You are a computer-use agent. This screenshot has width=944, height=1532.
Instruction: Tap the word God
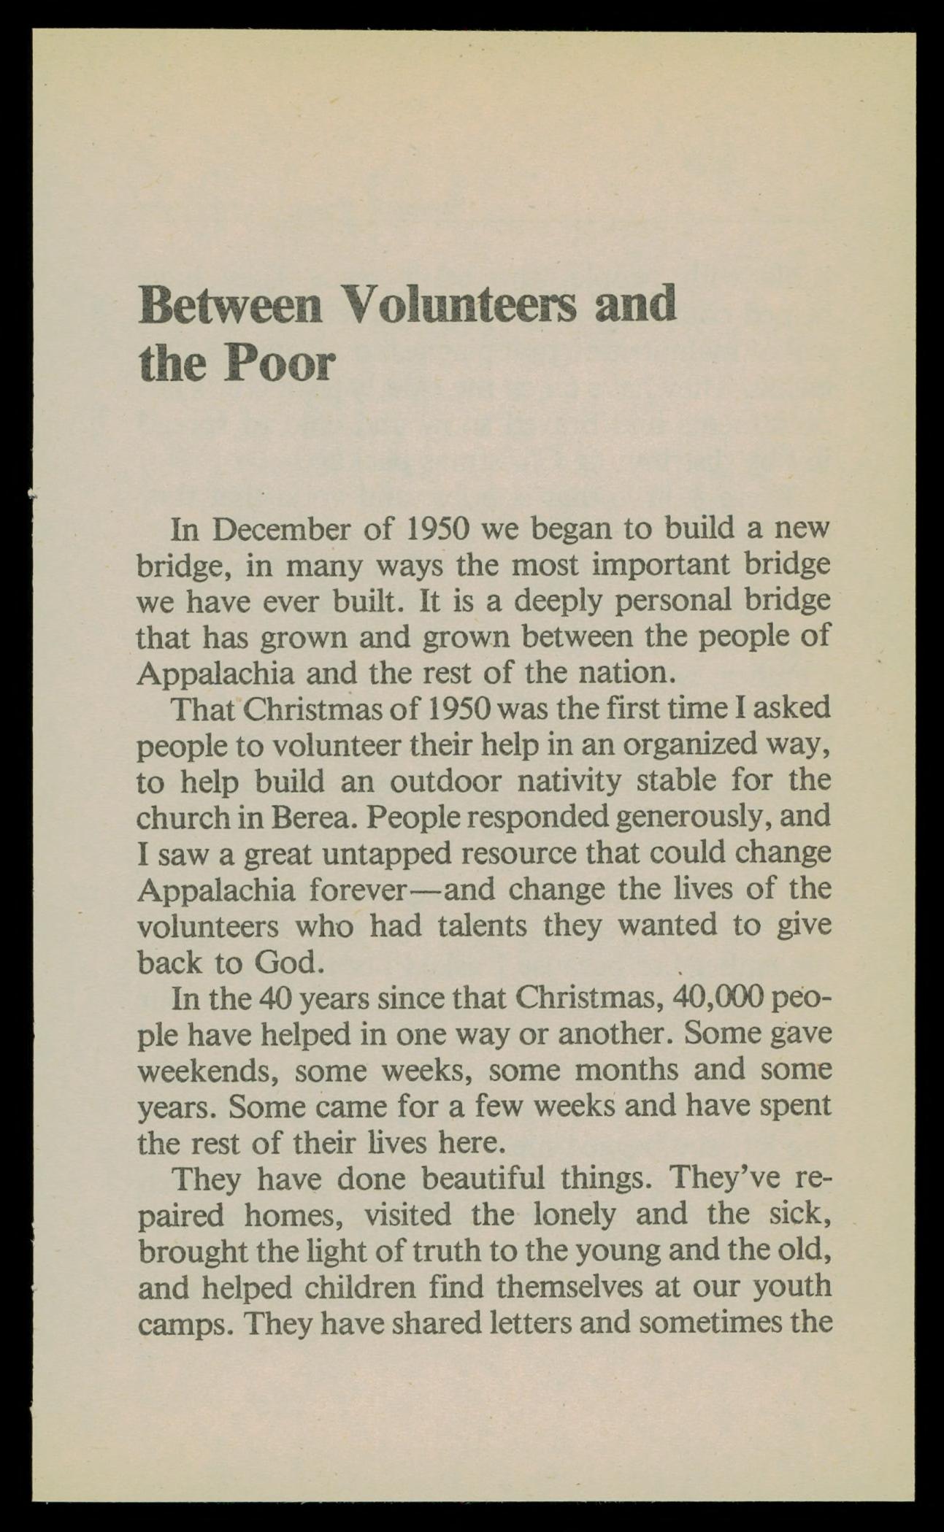[x=287, y=963]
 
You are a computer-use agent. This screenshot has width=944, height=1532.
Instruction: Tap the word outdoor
[x=445, y=781]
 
